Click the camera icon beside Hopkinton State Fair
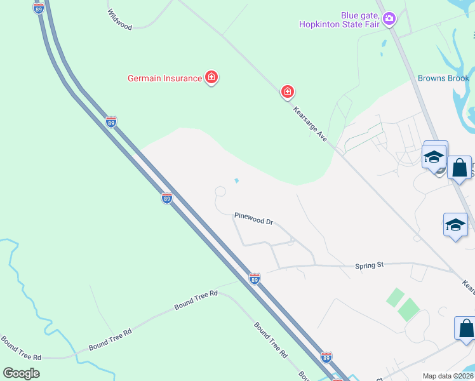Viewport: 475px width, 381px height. coord(389,20)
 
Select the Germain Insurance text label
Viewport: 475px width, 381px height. coord(164,78)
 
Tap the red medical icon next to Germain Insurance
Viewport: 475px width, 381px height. coord(211,78)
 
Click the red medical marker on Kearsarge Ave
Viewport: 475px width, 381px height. coord(288,92)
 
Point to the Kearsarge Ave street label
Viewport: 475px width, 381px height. coord(310,123)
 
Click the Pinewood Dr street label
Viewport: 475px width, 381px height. coord(253,218)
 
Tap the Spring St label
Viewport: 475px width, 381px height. coord(370,265)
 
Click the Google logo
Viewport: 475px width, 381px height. coord(21,373)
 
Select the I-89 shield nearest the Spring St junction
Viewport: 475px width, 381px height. coord(254,278)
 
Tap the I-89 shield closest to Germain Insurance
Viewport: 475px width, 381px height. coord(111,121)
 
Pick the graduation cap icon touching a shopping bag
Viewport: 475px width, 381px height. coord(434,156)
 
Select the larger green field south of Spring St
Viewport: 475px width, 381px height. coord(408,309)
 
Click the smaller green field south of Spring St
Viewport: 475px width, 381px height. coord(395,297)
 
